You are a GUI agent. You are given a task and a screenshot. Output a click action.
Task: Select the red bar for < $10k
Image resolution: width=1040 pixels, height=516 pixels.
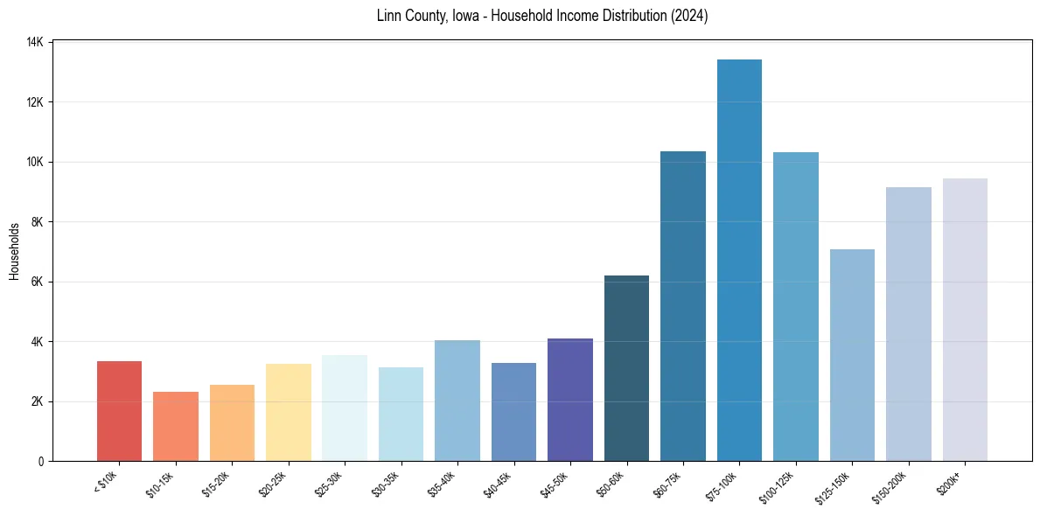click(119, 411)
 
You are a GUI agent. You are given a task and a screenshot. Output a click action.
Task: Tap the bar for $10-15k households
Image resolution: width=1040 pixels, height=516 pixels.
click(176, 426)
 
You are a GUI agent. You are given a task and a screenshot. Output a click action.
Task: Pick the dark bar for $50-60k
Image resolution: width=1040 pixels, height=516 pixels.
click(626, 368)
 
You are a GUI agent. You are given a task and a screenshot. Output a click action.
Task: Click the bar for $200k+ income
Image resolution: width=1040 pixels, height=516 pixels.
click(965, 319)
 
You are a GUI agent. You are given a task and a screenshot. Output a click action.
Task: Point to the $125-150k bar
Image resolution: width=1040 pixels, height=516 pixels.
click(852, 355)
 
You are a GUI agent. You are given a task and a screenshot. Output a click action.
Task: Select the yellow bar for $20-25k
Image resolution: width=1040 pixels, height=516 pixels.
click(289, 412)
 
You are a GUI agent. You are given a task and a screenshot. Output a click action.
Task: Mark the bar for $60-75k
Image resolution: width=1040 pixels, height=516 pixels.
click(683, 306)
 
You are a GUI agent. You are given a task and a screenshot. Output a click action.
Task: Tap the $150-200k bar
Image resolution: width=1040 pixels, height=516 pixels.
click(909, 324)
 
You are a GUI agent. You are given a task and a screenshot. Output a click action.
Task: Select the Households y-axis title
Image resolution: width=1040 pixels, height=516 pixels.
click(14, 251)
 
